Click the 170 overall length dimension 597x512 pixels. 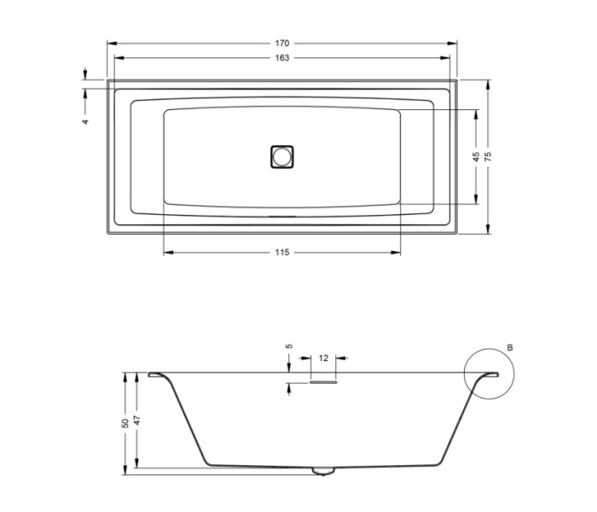pyautogui.click(x=282, y=43)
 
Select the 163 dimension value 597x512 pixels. pyautogui.click(x=282, y=58)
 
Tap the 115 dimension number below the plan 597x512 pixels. pyautogui.click(x=282, y=252)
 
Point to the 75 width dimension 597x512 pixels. pyautogui.click(x=488, y=156)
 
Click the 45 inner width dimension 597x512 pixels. pyautogui.click(x=475, y=156)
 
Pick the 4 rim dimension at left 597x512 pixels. pyautogui.click(x=85, y=122)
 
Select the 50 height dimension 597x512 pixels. pyautogui.click(x=125, y=422)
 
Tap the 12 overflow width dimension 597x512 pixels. pyautogui.click(x=323, y=358)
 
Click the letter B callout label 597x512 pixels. pyautogui.click(x=509, y=348)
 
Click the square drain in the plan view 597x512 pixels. pyautogui.click(x=281, y=156)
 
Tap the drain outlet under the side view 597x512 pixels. pyautogui.click(x=322, y=470)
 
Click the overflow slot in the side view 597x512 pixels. pyautogui.click(x=323, y=382)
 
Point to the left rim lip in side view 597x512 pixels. pyautogui.click(x=157, y=375)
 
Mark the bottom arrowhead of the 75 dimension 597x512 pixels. pyautogui.click(x=488, y=230)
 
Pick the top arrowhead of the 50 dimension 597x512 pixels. pyautogui.click(x=125, y=375)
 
